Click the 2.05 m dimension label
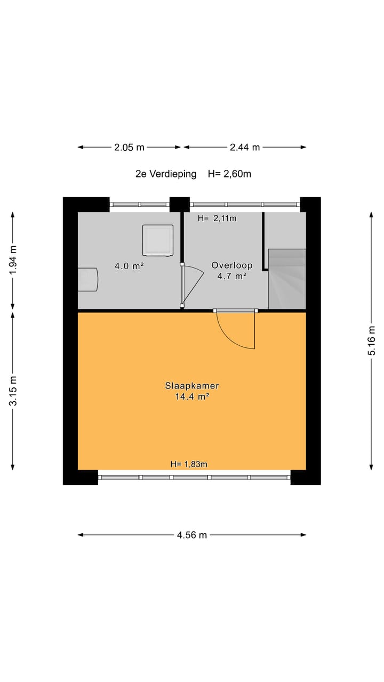(x=129, y=148)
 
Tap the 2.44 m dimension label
(x=245, y=148)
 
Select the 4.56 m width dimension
(x=192, y=535)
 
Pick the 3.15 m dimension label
(x=13, y=391)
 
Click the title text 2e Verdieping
(x=166, y=174)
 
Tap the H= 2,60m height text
(x=229, y=174)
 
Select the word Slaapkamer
(x=192, y=386)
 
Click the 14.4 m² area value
(x=192, y=396)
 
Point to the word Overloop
(x=231, y=265)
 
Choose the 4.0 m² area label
(x=129, y=265)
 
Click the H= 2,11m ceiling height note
(x=217, y=218)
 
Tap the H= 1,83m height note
(x=189, y=464)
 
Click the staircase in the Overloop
(x=286, y=279)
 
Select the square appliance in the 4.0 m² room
(x=158, y=240)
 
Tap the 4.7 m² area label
(x=231, y=276)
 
